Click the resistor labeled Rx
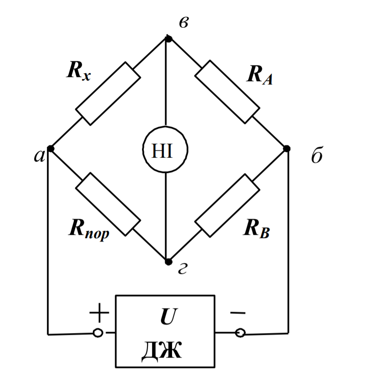click(x=108, y=94)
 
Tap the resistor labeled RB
click(x=227, y=205)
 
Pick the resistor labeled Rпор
click(x=107, y=204)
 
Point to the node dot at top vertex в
click(x=168, y=39)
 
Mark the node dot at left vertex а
click(x=51, y=149)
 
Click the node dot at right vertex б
click(x=287, y=149)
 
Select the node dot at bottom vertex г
click(x=168, y=262)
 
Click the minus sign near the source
click(x=238, y=313)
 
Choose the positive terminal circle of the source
click(x=97, y=333)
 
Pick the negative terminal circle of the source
click(x=240, y=333)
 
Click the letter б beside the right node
click(x=317, y=156)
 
